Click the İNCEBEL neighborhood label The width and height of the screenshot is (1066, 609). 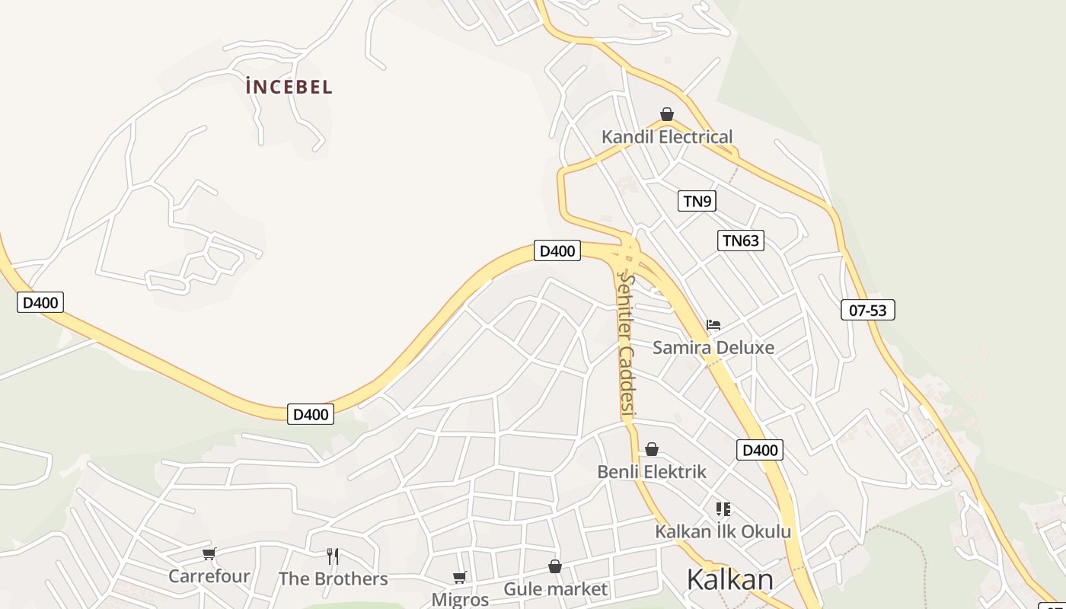click(289, 87)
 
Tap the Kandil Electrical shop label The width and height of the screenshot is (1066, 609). click(667, 137)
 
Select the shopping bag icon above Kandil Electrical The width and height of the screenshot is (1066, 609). click(667, 115)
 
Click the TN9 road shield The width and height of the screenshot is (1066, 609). click(697, 201)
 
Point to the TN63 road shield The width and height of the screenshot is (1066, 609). click(740, 241)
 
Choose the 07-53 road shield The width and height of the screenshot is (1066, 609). click(867, 310)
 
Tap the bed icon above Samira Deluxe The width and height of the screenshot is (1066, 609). click(713, 325)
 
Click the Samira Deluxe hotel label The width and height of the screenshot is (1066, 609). click(713, 348)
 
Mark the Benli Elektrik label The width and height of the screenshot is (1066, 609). click(652, 472)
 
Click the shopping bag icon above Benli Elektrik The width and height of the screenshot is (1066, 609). click(652, 450)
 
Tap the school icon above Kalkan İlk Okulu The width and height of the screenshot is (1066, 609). click(723, 509)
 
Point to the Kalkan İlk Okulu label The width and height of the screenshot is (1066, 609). click(723, 531)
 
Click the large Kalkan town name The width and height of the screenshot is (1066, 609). click(729, 580)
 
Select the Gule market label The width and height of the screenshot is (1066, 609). click(556, 589)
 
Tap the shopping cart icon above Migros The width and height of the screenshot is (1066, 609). click(459, 578)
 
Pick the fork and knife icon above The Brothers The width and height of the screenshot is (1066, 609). click(333, 556)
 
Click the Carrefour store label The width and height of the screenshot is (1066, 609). click(209, 576)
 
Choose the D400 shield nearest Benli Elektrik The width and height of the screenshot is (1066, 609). click(760, 450)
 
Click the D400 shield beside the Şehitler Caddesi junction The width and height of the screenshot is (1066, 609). click(557, 250)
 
